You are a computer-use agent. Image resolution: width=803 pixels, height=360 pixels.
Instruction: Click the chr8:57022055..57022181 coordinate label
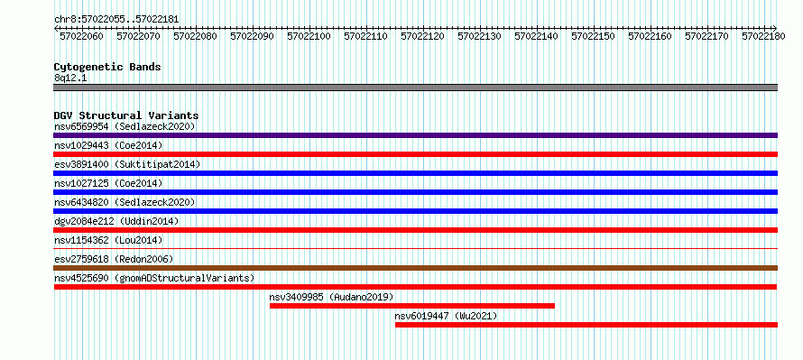pyautogui.click(x=116, y=19)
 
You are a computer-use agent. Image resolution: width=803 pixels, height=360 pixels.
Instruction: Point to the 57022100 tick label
pyautogui.click(x=309, y=36)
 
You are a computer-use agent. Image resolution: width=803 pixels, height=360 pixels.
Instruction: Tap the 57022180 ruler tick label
pyautogui.click(x=763, y=36)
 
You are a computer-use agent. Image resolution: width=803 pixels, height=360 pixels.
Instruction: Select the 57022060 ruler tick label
pyautogui.click(x=81, y=36)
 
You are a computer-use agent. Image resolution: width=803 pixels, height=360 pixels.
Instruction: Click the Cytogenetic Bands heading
pyautogui.click(x=107, y=67)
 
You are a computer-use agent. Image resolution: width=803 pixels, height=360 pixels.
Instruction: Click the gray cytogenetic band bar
pyautogui.click(x=415, y=88)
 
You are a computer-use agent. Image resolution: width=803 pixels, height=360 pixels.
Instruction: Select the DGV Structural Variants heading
pyautogui.click(x=126, y=115)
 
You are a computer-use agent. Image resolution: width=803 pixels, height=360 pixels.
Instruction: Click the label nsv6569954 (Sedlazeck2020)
pyautogui.click(x=125, y=126)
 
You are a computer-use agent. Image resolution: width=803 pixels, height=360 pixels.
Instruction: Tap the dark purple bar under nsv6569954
pyautogui.click(x=415, y=135)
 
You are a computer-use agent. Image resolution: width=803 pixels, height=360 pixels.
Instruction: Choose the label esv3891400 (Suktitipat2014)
pyautogui.click(x=127, y=164)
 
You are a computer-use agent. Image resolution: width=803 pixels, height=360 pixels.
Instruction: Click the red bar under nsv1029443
pyautogui.click(x=415, y=154)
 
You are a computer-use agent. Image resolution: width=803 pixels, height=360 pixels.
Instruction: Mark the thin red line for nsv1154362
pyautogui.click(x=415, y=248)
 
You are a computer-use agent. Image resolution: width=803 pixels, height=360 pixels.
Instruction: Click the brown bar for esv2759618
pyautogui.click(x=415, y=268)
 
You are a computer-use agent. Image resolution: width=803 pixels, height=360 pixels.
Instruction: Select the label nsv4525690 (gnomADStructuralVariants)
pyautogui.click(x=154, y=278)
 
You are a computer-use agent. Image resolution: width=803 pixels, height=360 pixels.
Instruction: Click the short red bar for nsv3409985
pyautogui.click(x=412, y=306)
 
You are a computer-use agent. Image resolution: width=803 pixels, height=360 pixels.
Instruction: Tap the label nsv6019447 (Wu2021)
pyautogui.click(x=446, y=316)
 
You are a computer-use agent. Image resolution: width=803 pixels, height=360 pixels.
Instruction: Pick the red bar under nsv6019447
pyautogui.click(x=586, y=325)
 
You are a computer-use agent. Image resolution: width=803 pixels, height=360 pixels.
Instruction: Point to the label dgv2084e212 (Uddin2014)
pyautogui.click(x=116, y=221)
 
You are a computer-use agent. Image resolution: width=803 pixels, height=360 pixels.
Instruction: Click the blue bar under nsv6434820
pyautogui.click(x=415, y=211)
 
